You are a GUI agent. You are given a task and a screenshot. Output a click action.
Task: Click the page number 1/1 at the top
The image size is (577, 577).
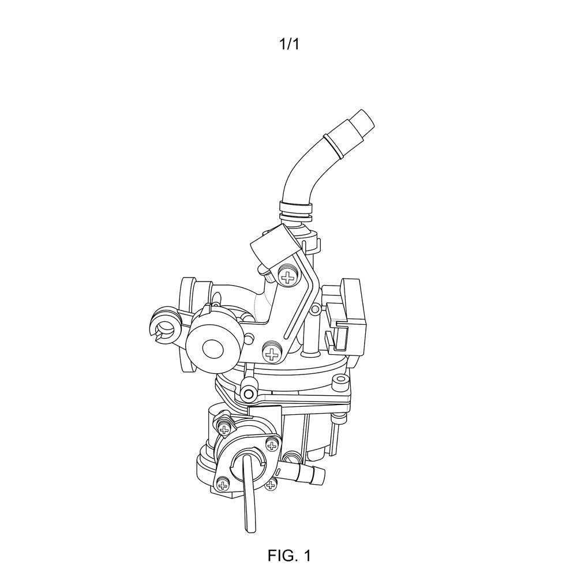(289, 44)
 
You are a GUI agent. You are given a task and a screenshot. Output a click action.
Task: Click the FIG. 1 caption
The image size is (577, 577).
(289, 555)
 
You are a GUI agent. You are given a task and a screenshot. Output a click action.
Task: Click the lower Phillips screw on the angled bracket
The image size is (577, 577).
(272, 354)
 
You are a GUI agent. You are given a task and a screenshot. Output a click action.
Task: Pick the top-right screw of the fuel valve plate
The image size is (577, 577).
(272, 445)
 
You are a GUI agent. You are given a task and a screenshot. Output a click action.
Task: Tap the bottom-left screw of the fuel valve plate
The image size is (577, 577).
(223, 486)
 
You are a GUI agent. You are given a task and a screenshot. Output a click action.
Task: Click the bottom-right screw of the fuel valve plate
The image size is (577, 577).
(271, 485)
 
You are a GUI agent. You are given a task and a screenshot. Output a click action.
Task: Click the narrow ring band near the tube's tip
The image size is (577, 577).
(333, 147)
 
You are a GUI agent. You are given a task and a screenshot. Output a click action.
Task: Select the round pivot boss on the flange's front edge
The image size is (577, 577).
(249, 394)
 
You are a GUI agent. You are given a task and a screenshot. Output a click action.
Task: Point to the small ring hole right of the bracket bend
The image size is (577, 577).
(315, 309)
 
